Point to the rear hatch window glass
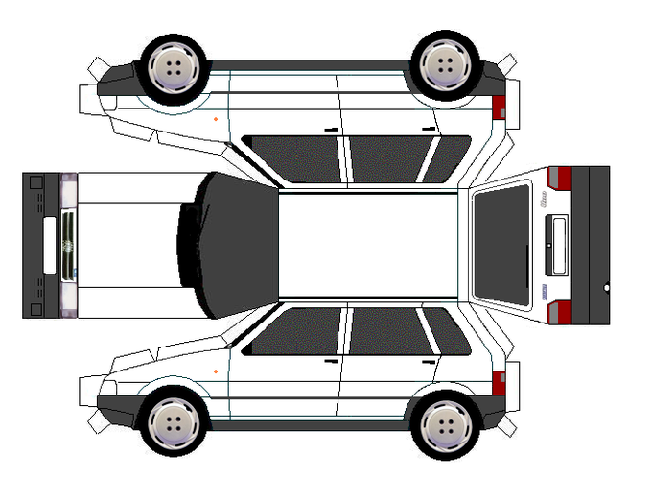[x=501, y=244]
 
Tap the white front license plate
[x=50, y=246]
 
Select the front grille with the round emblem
[x=68, y=246]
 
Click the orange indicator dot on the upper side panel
[x=216, y=118]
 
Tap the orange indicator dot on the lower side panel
[x=216, y=371]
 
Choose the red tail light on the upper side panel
[x=499, y=107]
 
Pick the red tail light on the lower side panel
[x=499, y=382]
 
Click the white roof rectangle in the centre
[x=368, y=245]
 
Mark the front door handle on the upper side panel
[x=331, y=130]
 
